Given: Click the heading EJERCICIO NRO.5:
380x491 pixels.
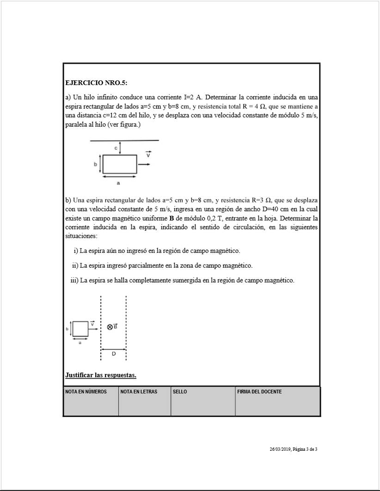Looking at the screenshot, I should click(96, 83).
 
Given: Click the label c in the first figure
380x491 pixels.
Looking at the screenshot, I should click(116, 147).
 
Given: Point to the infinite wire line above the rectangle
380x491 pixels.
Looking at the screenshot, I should click(124, 141).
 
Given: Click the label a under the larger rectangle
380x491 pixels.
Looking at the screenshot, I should click(118, 183).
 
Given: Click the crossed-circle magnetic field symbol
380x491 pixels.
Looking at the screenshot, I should click(110, 327).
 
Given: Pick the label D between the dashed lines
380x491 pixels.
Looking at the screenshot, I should click(113, 354).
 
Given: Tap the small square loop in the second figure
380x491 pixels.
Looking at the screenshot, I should click(80, 329).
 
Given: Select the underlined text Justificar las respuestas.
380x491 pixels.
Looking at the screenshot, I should click(101, 375).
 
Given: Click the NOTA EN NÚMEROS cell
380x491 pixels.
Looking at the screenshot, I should click(91, 401).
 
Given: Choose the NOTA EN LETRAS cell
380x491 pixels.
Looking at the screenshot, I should click(145, 401).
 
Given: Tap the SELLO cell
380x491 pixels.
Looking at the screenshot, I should click(203, 401).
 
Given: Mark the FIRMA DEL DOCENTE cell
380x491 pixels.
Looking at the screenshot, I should click(278, 401).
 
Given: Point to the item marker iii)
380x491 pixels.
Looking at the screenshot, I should click(74, 280).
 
